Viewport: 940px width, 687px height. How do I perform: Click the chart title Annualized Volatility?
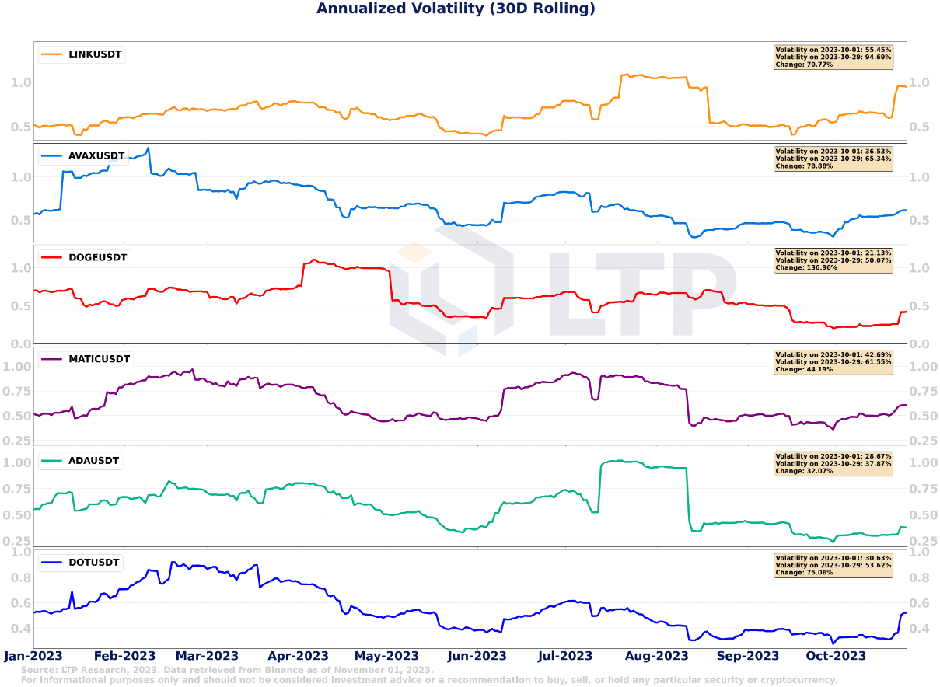(456, 9)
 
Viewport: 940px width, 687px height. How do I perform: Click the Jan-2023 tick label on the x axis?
(33, 656)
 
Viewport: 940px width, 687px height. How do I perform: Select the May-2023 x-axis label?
(386, 656)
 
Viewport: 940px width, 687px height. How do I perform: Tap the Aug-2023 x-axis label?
(656, 656)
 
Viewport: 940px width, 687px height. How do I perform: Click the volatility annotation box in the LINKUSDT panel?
(833, 57)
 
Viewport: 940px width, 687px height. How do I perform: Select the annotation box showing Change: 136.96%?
(833, 260)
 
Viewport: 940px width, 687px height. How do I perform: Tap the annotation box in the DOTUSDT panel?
(833, 565)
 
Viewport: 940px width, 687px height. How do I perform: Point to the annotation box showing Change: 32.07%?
(833, 464)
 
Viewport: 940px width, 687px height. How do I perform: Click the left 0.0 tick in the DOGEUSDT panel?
(21, 343)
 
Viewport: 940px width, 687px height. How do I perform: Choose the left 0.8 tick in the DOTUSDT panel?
(21, 577)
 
